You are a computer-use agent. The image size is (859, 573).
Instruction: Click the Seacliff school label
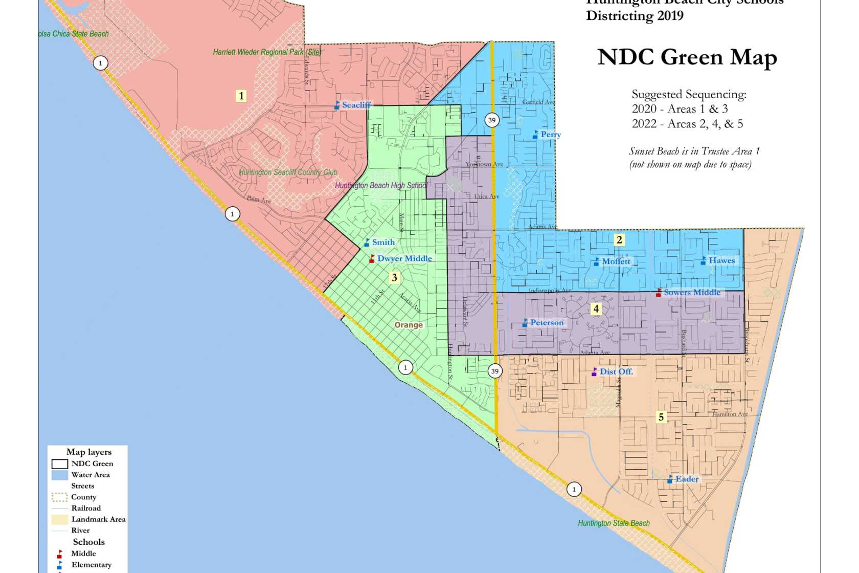point(356,105)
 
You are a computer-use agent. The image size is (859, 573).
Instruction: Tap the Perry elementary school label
point(550,135)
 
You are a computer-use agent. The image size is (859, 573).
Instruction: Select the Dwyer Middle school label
point(404,259)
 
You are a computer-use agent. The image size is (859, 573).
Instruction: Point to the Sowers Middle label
point(691,293)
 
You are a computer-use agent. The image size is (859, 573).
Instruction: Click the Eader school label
point(686,479)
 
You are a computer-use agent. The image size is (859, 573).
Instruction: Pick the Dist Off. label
point(616,372)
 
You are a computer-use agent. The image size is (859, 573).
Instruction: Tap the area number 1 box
point(241,96)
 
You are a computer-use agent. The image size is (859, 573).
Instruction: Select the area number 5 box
point(661,417)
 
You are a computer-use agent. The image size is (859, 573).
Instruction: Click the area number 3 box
point(394,278)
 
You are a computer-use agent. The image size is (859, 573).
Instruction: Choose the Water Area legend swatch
point(59,475)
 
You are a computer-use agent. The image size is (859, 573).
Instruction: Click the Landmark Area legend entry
point(98,519)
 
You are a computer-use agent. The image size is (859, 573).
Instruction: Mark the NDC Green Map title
point(687,57)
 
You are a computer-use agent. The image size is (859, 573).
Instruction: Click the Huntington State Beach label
point(614,523)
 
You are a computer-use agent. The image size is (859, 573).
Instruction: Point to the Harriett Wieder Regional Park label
point(267,52)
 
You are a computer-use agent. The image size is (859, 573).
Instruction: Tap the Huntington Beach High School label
point(381,186)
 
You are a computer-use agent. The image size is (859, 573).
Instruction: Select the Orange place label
point(409,325)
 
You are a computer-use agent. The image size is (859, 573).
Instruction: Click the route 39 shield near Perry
point(491,120)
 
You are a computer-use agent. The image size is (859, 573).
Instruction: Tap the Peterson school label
point(546,323)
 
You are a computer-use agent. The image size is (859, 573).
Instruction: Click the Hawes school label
point(721,261)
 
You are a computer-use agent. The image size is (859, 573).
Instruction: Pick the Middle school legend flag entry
point(83,554)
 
